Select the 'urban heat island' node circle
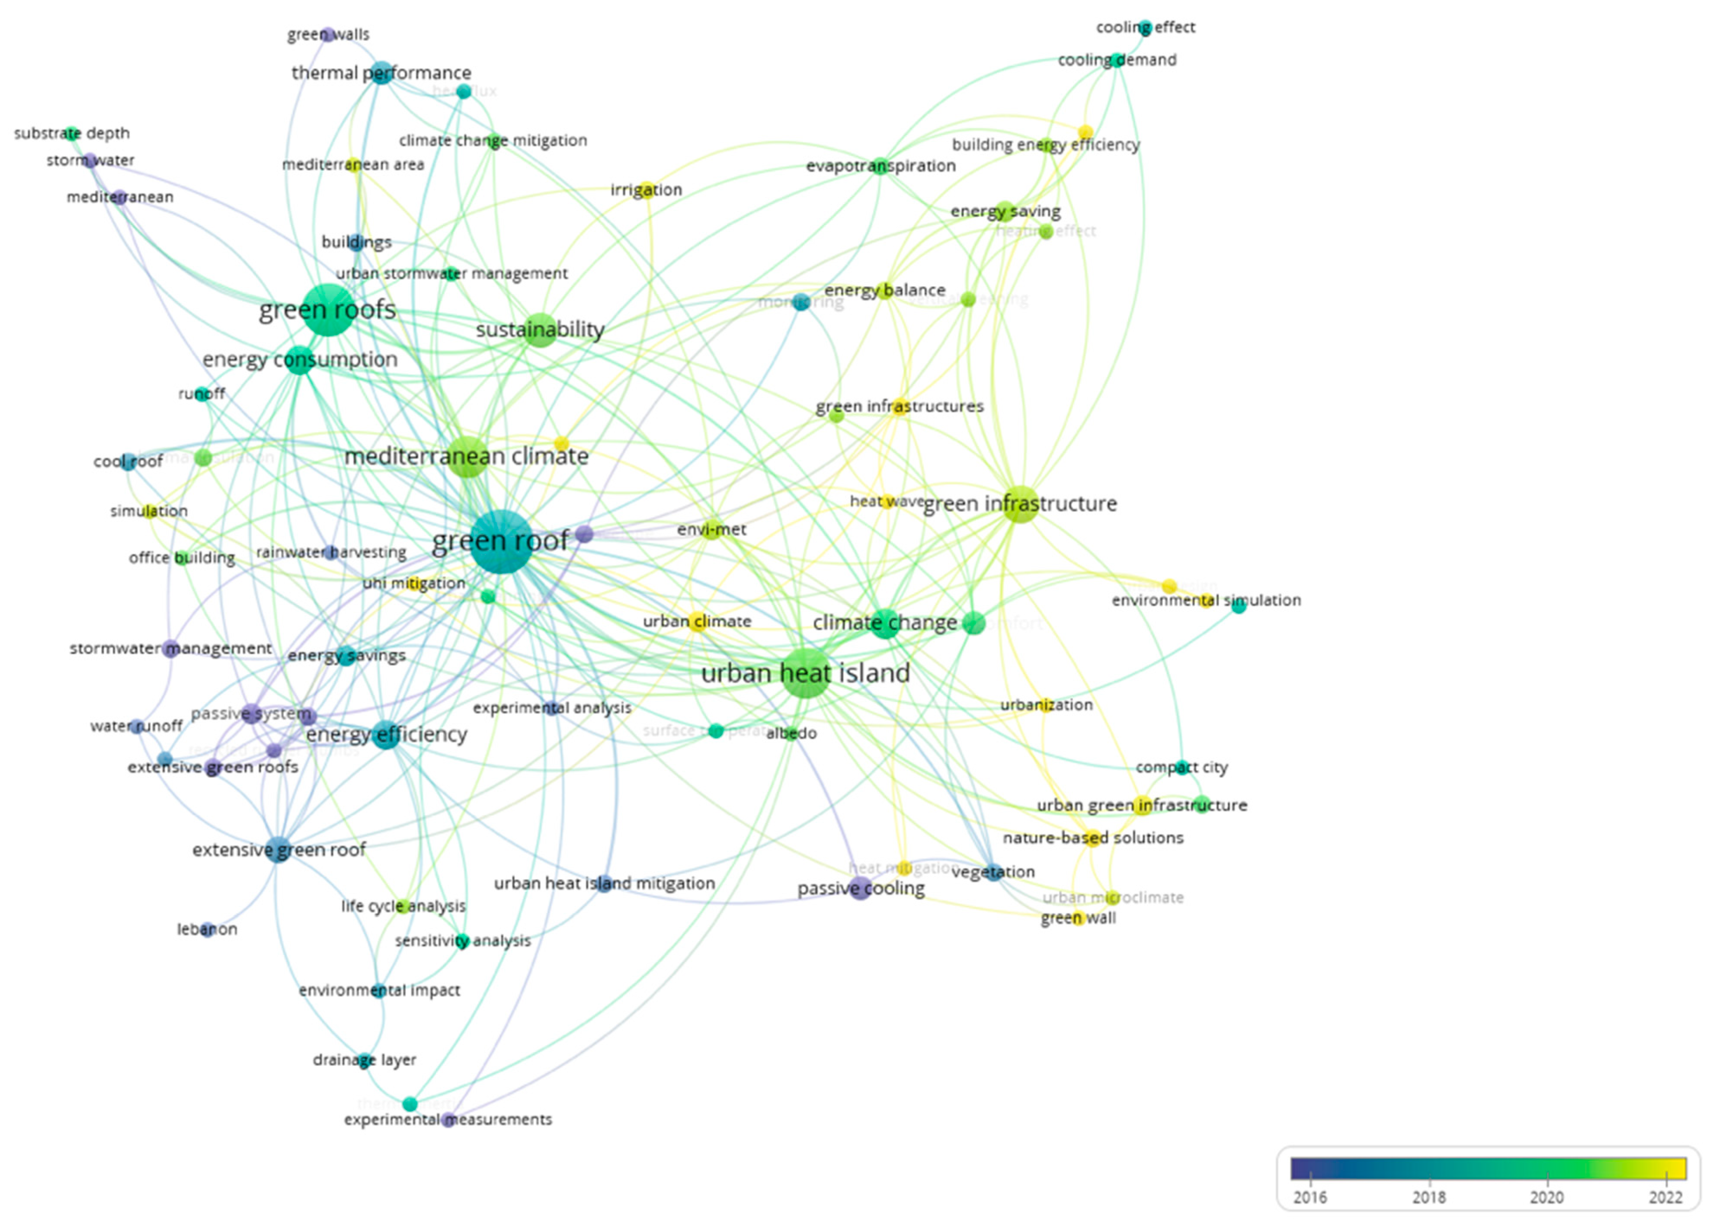coord(807,672)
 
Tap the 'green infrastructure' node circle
coord(1020,504)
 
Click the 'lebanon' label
coord(207,929)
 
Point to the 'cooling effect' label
coord(1145,27)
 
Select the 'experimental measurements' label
coord(448,1120)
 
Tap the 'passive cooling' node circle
coord(859,888)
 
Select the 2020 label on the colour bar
coord(1547,1197)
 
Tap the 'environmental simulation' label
coord(1206,601)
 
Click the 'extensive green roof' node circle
coord(279,850)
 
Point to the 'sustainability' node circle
coord(540,330)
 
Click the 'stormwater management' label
coord(171,648)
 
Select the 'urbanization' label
coord(1046,705)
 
